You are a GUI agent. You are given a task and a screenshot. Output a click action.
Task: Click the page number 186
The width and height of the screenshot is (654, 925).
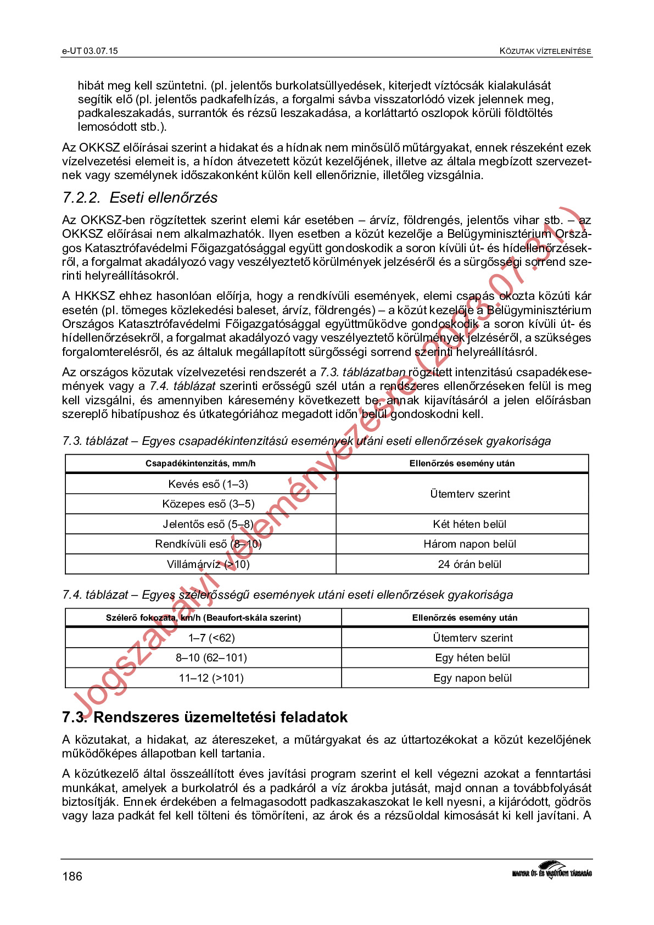(72, 876)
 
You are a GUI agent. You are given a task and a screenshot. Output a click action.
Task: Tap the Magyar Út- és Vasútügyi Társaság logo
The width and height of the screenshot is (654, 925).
(551, 871)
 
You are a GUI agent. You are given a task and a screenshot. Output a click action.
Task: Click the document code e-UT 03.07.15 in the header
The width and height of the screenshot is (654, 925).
(90, 51)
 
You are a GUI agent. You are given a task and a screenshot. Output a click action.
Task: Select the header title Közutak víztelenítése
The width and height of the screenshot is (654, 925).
(545, 51)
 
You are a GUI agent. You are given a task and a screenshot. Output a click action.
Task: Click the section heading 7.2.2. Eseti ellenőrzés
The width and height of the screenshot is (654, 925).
(139, 198)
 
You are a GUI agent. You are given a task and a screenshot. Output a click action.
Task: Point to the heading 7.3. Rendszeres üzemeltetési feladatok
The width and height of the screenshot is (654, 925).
(204, 717)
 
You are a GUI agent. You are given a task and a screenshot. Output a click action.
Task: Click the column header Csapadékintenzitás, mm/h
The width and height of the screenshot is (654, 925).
(200, 464)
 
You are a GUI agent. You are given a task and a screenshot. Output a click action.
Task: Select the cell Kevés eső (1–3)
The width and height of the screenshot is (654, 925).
(208, 484)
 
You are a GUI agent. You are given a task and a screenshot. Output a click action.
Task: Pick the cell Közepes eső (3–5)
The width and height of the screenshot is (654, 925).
(208, 504)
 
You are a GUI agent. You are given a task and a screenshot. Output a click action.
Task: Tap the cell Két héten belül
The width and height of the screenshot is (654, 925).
(469, 524)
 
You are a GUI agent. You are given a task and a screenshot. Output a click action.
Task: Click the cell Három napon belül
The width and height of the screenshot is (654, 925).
(469, 544)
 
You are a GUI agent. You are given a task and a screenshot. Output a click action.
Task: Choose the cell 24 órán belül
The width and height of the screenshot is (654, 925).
(469, 564)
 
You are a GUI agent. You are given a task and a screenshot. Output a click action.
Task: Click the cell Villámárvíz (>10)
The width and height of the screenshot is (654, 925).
(208, 564)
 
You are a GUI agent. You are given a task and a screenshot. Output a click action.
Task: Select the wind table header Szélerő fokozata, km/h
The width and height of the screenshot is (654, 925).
(203, 617)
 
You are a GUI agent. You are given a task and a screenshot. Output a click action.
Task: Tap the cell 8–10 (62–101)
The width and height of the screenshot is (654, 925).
(211, 657)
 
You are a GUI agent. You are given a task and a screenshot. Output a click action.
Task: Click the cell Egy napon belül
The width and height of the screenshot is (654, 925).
(472, 678)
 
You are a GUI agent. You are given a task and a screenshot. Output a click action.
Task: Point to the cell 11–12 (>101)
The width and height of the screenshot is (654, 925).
(211, 678)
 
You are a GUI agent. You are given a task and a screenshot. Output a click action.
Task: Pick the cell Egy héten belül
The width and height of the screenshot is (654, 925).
(472, 657)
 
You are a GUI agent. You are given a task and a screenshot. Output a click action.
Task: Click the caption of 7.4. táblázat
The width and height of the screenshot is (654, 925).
(287, 595)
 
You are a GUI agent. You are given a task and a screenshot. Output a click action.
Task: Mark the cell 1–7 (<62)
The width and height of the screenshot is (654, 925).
(211, 638)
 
